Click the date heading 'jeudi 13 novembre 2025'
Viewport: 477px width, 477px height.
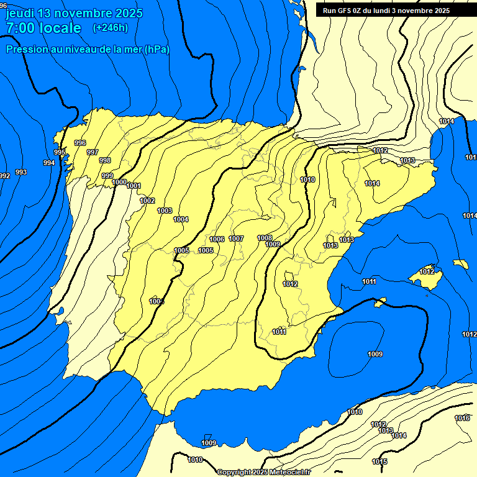click(x=74, y=13)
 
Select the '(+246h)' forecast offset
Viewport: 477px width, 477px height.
click(x=110, y=27)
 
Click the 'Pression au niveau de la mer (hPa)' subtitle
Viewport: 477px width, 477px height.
click(x=88, y=49)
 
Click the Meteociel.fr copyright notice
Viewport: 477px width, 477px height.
click(x=263, y=472)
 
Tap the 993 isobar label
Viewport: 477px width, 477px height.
click(x=21, y=172)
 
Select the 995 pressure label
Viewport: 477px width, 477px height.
click(x=60, y=152)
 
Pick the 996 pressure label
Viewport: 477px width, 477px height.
click(x=80, y=143)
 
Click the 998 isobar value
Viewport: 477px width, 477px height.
click(x=105, y=160)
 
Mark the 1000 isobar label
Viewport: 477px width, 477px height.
click(x=120, y=182)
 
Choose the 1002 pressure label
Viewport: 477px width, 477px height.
click(x=147, y=201)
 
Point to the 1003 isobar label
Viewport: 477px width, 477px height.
click(x=165, y=211)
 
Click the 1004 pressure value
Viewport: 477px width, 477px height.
click(x=181, y=219)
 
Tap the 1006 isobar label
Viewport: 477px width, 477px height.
click(x=217, y=239)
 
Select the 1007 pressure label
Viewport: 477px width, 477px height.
click(x=236, y=238)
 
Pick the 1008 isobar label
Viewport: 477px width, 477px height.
click(x=265, y=238)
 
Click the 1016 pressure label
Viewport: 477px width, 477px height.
click(x=462, y=418)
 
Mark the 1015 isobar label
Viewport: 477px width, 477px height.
click(x=379, y=461)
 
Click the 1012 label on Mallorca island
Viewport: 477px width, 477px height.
click(x=427, y=271)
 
